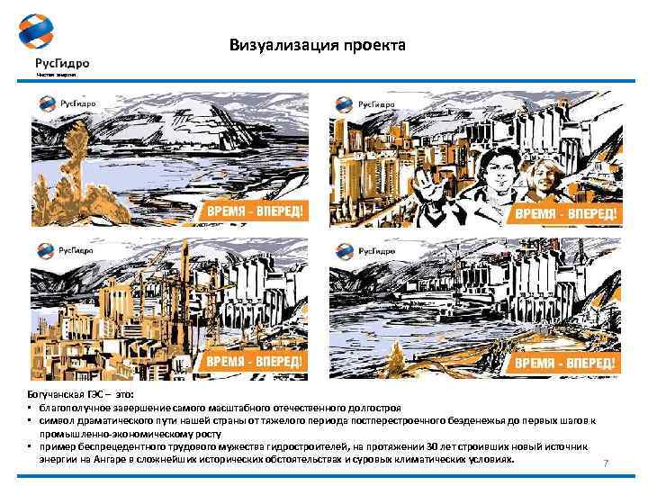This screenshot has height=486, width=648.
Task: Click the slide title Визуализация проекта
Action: pyautogui.click(x=317, y=45)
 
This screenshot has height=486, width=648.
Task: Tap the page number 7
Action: pyautogui.click(x=606, y=463)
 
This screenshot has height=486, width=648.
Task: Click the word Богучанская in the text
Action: pyautogui.click(x=56, y=395)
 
